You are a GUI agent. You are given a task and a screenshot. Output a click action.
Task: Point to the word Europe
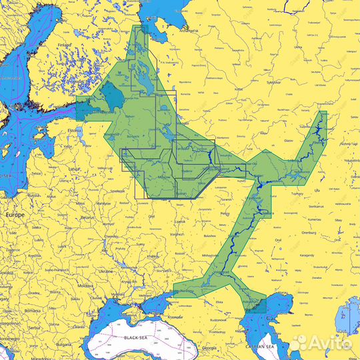click(15, 215)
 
